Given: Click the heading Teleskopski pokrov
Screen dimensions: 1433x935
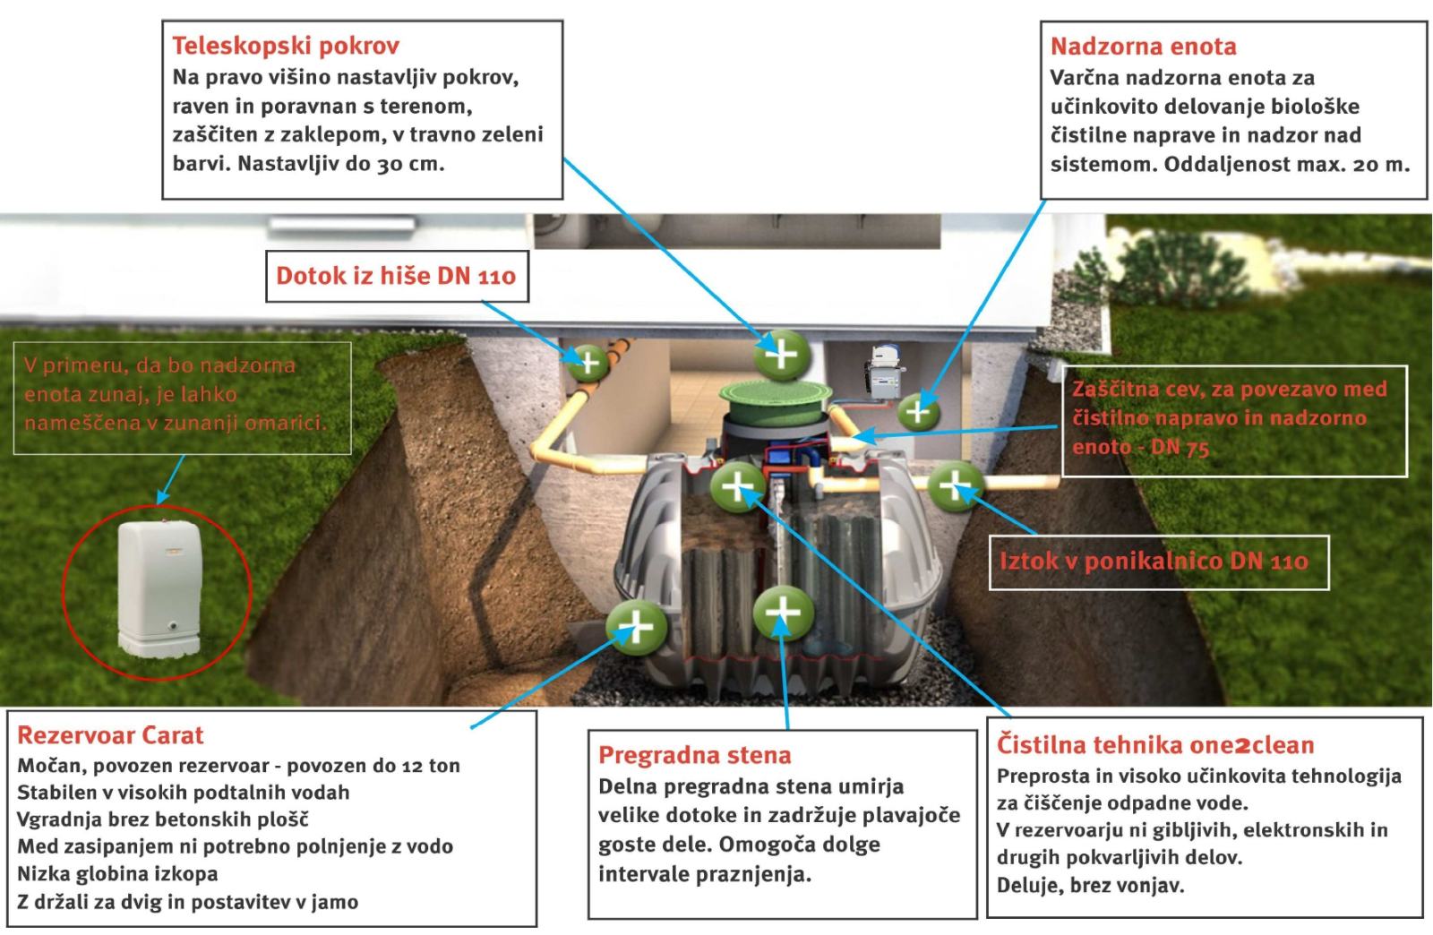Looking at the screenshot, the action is tap(286, 46).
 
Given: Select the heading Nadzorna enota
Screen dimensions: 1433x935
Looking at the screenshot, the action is tap(1143, 46).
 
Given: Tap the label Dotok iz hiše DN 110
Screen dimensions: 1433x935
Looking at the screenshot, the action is tap(396, 276).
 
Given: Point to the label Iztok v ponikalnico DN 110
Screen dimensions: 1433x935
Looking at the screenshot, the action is tap(1154, 561).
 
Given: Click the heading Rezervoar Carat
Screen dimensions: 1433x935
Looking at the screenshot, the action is tap(110, 735).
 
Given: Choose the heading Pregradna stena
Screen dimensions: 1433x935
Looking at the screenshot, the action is tap(695, 755).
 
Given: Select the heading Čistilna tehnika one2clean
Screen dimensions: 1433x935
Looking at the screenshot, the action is tap(1155, 745).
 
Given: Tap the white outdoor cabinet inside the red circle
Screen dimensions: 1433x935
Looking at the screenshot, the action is tap(159, 588).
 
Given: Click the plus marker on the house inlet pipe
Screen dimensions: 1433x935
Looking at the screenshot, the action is tap(588, 364).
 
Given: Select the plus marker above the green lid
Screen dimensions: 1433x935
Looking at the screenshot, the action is tap(782, 355).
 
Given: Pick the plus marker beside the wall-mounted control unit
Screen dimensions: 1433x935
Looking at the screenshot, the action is tap(918, 411).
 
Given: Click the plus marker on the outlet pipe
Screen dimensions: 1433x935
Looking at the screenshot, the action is tap(955, 486).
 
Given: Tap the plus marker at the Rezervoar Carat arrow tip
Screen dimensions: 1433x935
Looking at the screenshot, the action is tap(637, 628).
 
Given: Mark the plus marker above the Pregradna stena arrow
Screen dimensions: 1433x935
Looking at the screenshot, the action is tap(783, 612).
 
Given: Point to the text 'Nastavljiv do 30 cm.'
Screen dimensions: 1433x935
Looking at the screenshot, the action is tap(340, 164).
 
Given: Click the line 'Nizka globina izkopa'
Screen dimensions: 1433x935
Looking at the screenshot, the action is tap(117, 873).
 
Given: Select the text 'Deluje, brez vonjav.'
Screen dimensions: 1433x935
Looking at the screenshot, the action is tap(1091, 885).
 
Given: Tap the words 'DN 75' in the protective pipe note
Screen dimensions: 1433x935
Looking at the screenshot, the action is tap(1180, 447).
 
